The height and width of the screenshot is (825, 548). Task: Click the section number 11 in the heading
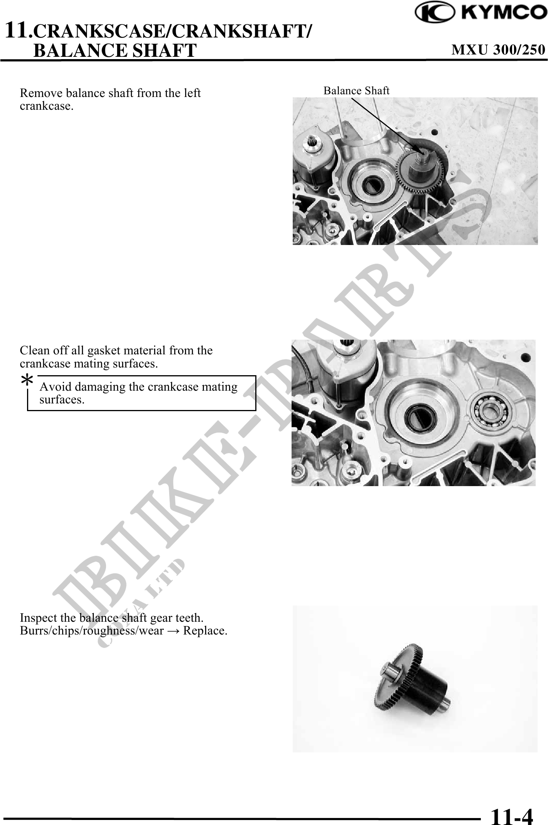click(x=17, y=30)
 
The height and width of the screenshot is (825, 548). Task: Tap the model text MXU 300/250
click(x=499, y=50)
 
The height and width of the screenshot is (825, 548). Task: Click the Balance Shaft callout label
click(x=356, y=90)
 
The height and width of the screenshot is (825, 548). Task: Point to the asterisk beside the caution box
click(x=27, y=381)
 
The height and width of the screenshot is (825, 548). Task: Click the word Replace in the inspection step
click(x=205, y=631)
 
